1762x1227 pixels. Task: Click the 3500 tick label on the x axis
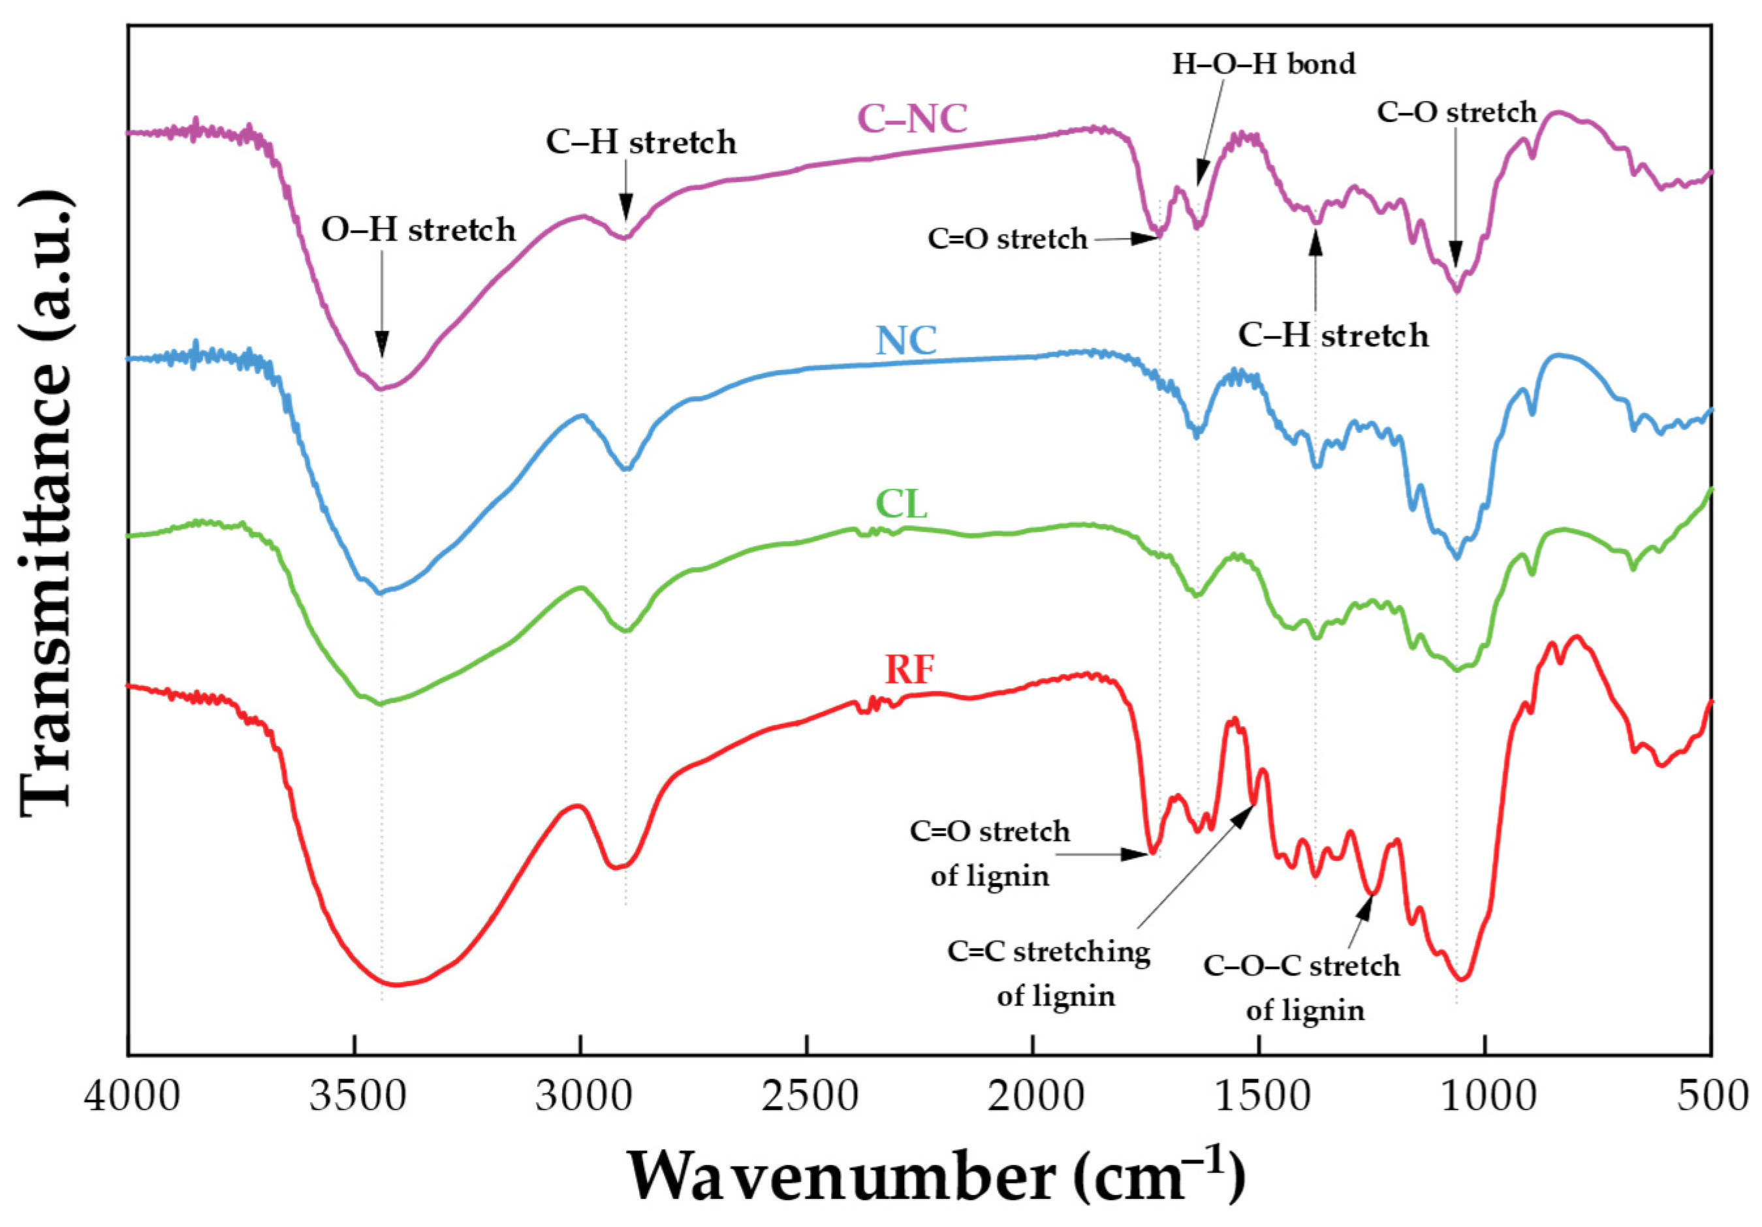(358, 1097)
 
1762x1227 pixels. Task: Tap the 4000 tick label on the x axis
(132, 1097)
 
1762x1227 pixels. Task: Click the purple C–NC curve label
(913, 119)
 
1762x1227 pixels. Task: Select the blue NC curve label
(906, 341)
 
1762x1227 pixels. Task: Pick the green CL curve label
(902, 504)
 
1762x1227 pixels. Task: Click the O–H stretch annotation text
(418, 230)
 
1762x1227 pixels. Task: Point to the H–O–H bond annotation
(1263, 64)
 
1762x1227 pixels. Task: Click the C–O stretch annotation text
(1456, 113)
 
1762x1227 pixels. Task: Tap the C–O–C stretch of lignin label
(1303, 987)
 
